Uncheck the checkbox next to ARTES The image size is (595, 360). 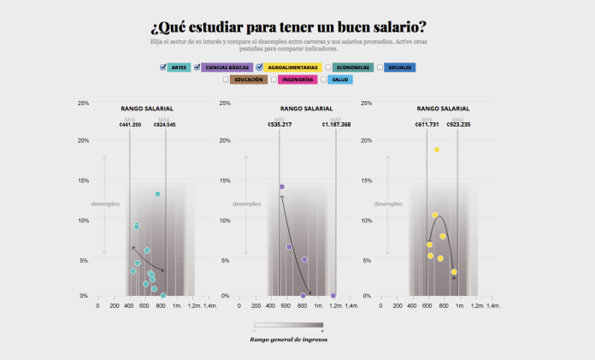pos(163,68)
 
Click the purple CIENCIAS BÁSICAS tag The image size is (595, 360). pos(227,68)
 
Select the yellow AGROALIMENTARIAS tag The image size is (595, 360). pos(292,68)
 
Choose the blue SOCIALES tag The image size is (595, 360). pos(399,68)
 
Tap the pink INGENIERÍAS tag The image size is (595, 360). pos(298,80)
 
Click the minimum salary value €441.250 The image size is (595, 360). pos(130,125)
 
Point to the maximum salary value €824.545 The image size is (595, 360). pos(165,125)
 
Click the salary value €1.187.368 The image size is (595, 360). pos(337,125)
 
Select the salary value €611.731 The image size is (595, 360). pos(427,125)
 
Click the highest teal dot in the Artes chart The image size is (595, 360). pos(157,194)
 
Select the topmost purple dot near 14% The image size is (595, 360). pos(281,186)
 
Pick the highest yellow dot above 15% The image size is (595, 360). pos(436,150)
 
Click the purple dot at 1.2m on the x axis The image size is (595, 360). pos(333,295)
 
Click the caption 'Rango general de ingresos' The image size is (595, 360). pos(288,339)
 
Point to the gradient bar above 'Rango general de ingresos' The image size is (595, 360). pos(288,325)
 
